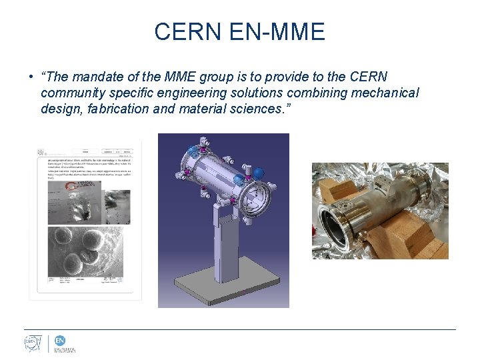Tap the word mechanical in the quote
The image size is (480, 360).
(383, 93)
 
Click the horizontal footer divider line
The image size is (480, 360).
(240, 329)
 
